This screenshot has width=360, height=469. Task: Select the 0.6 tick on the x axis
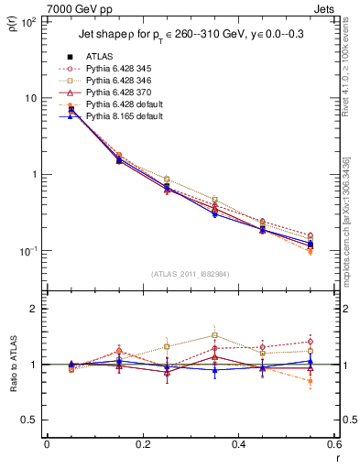tap(333, 444)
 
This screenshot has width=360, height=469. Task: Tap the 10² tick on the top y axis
tap(28, 20)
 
